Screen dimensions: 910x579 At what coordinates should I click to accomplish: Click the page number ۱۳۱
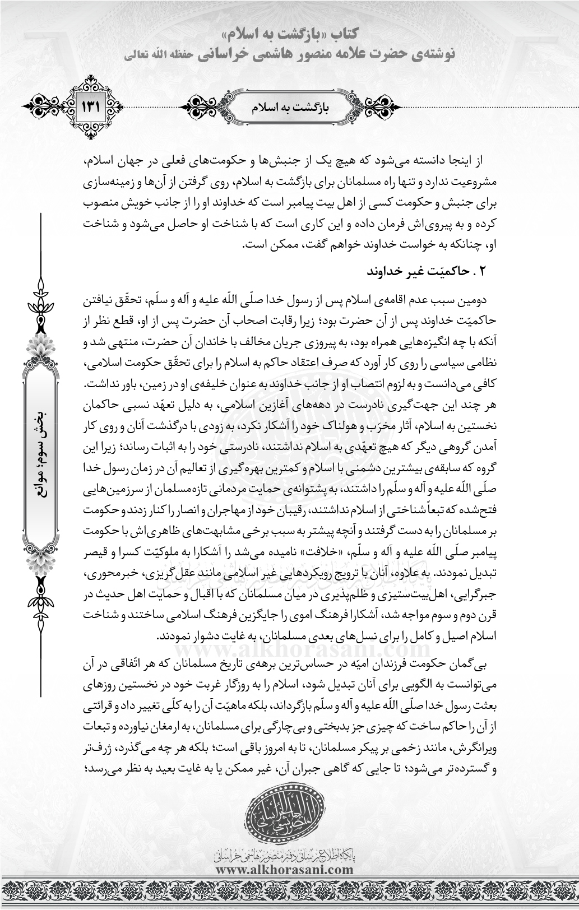(90, 105)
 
